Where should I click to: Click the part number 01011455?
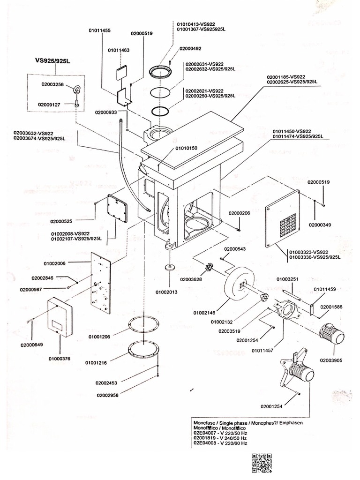pyautogui.click(x=99, y=30)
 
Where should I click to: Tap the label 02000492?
pyautogui.click(x=190, y=48)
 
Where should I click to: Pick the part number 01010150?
pyautogui.click(x=186, y=148)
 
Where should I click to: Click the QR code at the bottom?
pyautogui.click(x=262, y=463)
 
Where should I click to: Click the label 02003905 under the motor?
pyautogui.click(x=332, y=360)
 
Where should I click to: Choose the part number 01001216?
pyautogui.click(x=96, y=362)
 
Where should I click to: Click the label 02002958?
pyautogui.click(x=108, y=395)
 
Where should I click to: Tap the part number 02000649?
pyautogui.click(x=31, y=345)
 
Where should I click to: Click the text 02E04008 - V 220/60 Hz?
pyautogui.click(x=220, y=442)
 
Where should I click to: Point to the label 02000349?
pyautogui.click(x=319, y=225)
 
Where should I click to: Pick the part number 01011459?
pyautogui.click(x=324, y=289)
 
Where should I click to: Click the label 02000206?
pyautogui.click(x=240, y=213)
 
